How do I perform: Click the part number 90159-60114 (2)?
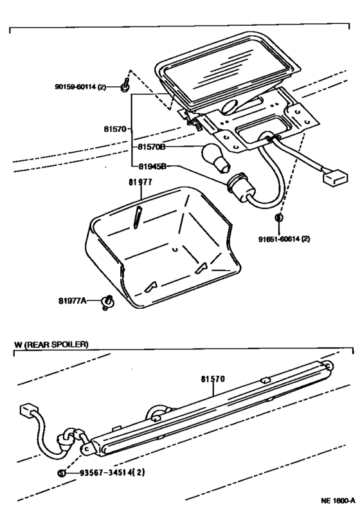[80, 87]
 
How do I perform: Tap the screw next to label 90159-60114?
[125, 85]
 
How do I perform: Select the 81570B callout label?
[152, 147]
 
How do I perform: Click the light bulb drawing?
[215, 158]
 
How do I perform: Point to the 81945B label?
[152, 166]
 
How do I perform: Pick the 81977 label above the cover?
[140, 182]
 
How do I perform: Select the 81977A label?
[72, 300]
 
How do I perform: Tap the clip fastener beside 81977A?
[108, 302]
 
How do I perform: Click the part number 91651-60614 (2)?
[284, 239]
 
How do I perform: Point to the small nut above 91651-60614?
[278, 217]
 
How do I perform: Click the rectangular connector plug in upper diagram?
[336, 178]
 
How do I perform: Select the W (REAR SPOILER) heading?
[51, 344]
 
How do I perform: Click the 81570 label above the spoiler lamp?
[213, 379]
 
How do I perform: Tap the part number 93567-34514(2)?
[113, 472]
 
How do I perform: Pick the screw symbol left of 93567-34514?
[62, 472]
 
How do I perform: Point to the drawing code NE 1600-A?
[338, 500]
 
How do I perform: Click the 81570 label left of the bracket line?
[115, 129]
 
